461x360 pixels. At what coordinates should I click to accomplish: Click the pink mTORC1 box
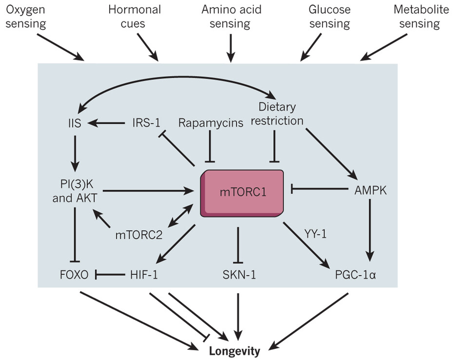tap(242, 193)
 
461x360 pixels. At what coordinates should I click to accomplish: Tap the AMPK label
tap(370, 190)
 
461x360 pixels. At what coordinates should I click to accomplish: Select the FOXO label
tap(74, 275)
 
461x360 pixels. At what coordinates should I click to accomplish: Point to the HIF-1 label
tap(144, 275)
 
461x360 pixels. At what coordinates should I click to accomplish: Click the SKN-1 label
tap(239, 275)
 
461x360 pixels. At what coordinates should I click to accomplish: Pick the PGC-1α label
tap(355, 275)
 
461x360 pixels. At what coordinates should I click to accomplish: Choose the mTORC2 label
tap(139, 235)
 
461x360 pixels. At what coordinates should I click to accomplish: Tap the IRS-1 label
tap(146, 123)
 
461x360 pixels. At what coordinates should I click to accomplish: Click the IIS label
tap(75, 123)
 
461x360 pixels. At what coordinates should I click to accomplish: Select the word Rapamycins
tap(211, 123)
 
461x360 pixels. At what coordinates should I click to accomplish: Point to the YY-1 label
tap(315, 234)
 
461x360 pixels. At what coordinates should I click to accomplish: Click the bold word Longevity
tap(234, 351)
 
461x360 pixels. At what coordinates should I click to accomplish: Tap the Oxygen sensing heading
tap(25, 17)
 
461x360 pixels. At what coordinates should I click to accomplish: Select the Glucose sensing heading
tap(329, 17)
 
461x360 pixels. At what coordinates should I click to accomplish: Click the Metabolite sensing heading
tap(421, 17)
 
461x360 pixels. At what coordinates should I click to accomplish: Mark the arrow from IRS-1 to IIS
tap(106, 123)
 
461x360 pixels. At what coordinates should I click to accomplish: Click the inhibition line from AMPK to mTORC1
tap(320, 189)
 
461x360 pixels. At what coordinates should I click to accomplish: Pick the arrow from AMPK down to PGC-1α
tap(370, 230)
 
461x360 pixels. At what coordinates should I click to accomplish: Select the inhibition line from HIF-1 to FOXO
tap(110, 275)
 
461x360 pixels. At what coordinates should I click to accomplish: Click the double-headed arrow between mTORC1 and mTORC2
tap(180, 217)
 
